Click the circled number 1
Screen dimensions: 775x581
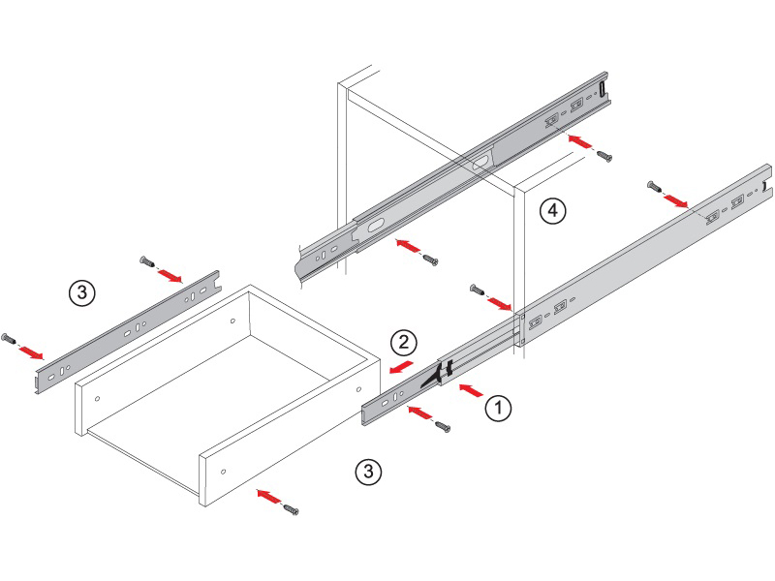(x=498, y=408)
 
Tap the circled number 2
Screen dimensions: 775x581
(x=404, y=342)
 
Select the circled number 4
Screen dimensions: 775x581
(x=552, y=211)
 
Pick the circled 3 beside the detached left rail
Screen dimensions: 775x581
(x=82, y=292)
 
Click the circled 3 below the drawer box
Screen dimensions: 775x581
(x=368, y=471)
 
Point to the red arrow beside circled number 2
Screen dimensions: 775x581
(x=400, y=367)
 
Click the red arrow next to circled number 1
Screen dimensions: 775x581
(x=471, y=390)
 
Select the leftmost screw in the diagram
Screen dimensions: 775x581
(x=9, y=339)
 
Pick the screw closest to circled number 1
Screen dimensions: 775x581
(x=443, y=426)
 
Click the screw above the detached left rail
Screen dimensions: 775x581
(x=147, y=260)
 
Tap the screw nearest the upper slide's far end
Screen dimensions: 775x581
(x=604, y=156)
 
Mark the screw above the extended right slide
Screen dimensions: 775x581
(x=655, y=186)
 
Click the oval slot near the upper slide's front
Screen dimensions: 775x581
(x=375, y=226)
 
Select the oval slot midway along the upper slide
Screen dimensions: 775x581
(x=480, y=162)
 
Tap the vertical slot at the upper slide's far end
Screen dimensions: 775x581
(x=603, y=89)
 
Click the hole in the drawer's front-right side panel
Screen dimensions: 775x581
(x=224, y=472)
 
